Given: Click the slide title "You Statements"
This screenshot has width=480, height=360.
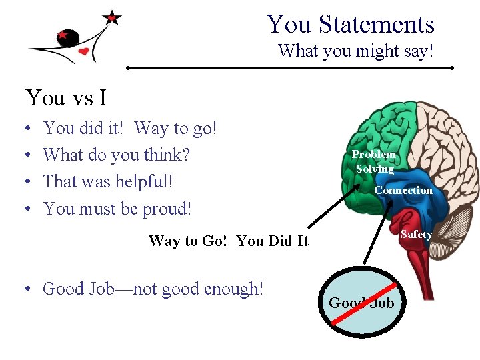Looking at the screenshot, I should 351,25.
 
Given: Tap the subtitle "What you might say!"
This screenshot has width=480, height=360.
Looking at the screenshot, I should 355,51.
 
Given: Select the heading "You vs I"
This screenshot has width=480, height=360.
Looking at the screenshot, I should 66,98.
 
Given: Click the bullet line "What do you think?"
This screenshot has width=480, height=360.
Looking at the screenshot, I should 116,155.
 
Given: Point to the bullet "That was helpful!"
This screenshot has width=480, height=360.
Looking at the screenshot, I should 113,181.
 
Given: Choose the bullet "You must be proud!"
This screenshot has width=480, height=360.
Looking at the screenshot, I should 117,209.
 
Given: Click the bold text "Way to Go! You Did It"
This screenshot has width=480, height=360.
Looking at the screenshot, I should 228,241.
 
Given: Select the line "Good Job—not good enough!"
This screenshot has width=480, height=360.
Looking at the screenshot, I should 153,289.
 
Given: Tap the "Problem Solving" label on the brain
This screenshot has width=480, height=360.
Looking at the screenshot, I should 374,161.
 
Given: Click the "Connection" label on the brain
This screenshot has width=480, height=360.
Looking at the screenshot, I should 403,191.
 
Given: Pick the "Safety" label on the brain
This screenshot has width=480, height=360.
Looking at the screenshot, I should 416,234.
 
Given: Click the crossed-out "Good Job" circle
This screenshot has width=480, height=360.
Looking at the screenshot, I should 361,303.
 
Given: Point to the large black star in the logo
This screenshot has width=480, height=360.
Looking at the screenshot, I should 112,17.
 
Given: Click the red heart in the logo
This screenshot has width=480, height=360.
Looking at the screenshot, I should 83,51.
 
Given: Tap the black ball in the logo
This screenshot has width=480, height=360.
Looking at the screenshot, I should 67,38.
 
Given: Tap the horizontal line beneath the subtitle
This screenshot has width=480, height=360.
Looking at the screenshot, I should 290,68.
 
